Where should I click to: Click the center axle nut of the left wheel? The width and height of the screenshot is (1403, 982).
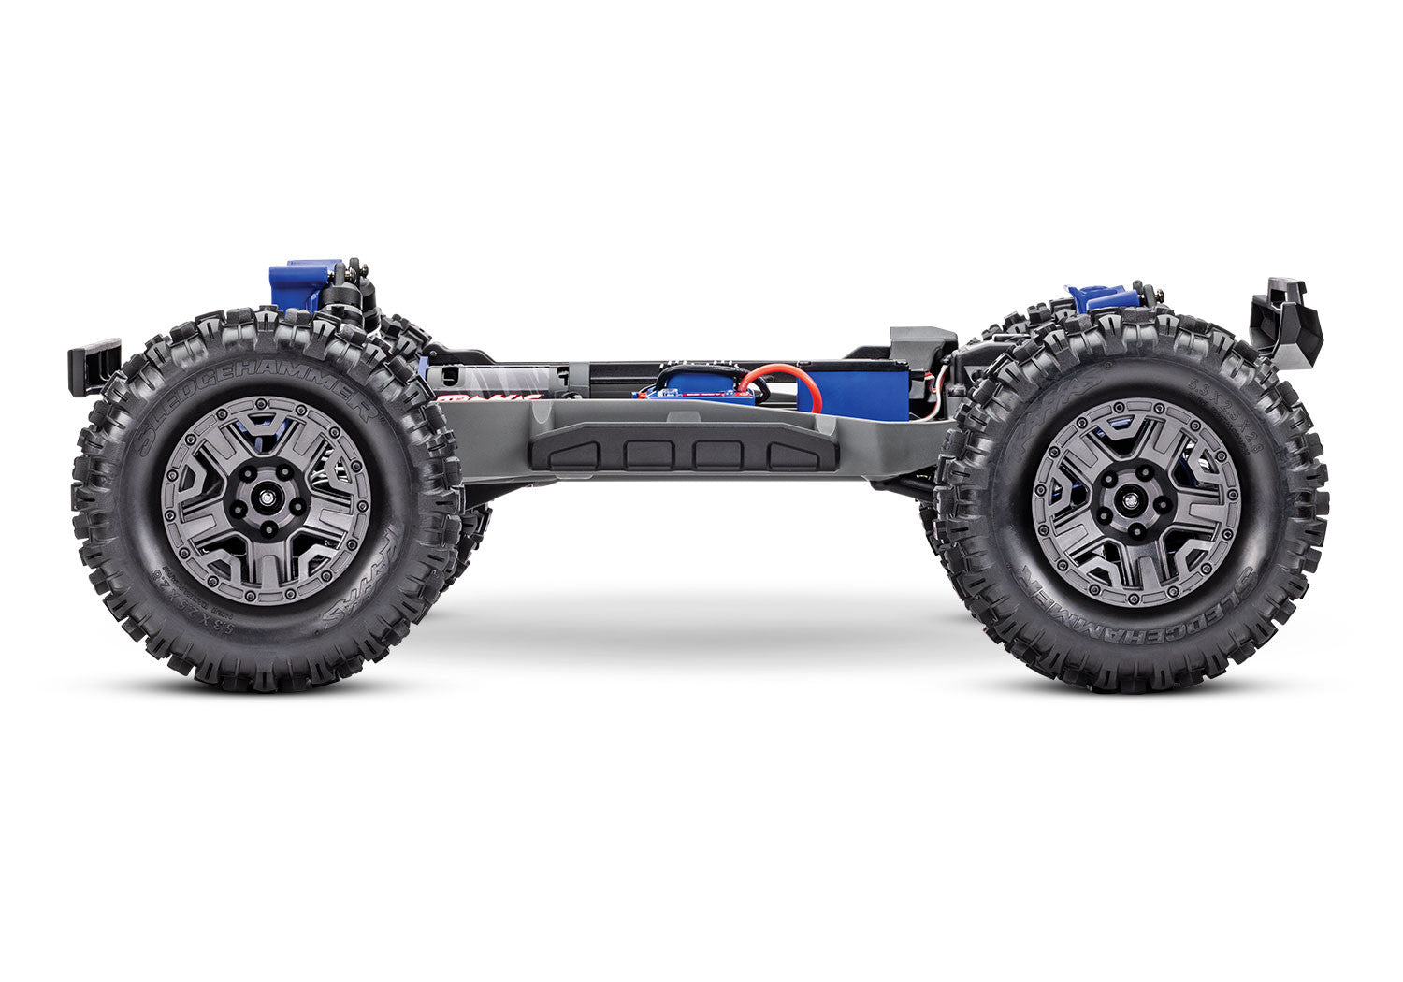point(266,500)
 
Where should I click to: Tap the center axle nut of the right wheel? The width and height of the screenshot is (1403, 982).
point(1136,503)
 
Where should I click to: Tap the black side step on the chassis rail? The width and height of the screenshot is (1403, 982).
point(683,453)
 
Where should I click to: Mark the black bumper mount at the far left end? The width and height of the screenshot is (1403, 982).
point(94,366)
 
